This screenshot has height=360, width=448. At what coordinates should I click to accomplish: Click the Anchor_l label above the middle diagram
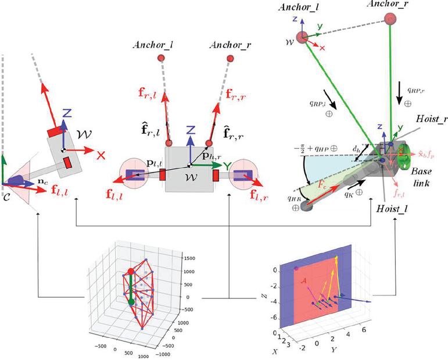pyautogui.click(x=150, y=45)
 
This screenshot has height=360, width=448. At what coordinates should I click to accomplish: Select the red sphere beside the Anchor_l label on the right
pyautogui.click(x=302, y=38)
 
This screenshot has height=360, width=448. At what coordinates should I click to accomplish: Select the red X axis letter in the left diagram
pyautogui.click(x=102, y=155)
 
